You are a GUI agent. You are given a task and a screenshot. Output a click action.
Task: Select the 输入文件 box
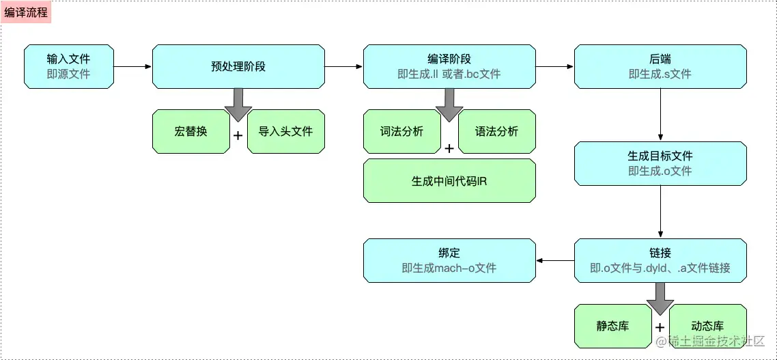[68, 66]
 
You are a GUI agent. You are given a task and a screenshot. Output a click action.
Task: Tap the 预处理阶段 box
[238, 66]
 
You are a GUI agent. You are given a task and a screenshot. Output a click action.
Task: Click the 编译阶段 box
[449, 66]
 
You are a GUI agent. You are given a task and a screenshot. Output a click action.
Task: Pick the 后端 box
[660, 66]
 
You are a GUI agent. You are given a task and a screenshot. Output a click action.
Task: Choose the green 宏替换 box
[190, 131]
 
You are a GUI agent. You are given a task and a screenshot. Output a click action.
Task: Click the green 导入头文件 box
[285, 131]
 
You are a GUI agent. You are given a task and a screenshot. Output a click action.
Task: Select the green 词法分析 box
[401, 131]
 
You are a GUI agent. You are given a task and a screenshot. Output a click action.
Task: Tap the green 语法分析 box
[496, 131]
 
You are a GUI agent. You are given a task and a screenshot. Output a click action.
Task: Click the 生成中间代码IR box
[449, 181]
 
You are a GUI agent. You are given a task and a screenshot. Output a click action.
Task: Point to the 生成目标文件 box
[660, 163]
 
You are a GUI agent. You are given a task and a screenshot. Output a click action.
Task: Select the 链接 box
[660, 260]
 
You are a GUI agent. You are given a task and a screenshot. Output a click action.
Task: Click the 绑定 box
[449, 260]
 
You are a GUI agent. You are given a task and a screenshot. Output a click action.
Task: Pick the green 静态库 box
[612, 326]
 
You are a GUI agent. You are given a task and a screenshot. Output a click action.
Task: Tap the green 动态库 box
[707, 326]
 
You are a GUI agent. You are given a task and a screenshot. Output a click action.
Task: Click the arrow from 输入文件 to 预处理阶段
[132, 67]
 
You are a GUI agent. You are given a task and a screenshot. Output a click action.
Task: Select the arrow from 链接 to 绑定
[554, 261]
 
